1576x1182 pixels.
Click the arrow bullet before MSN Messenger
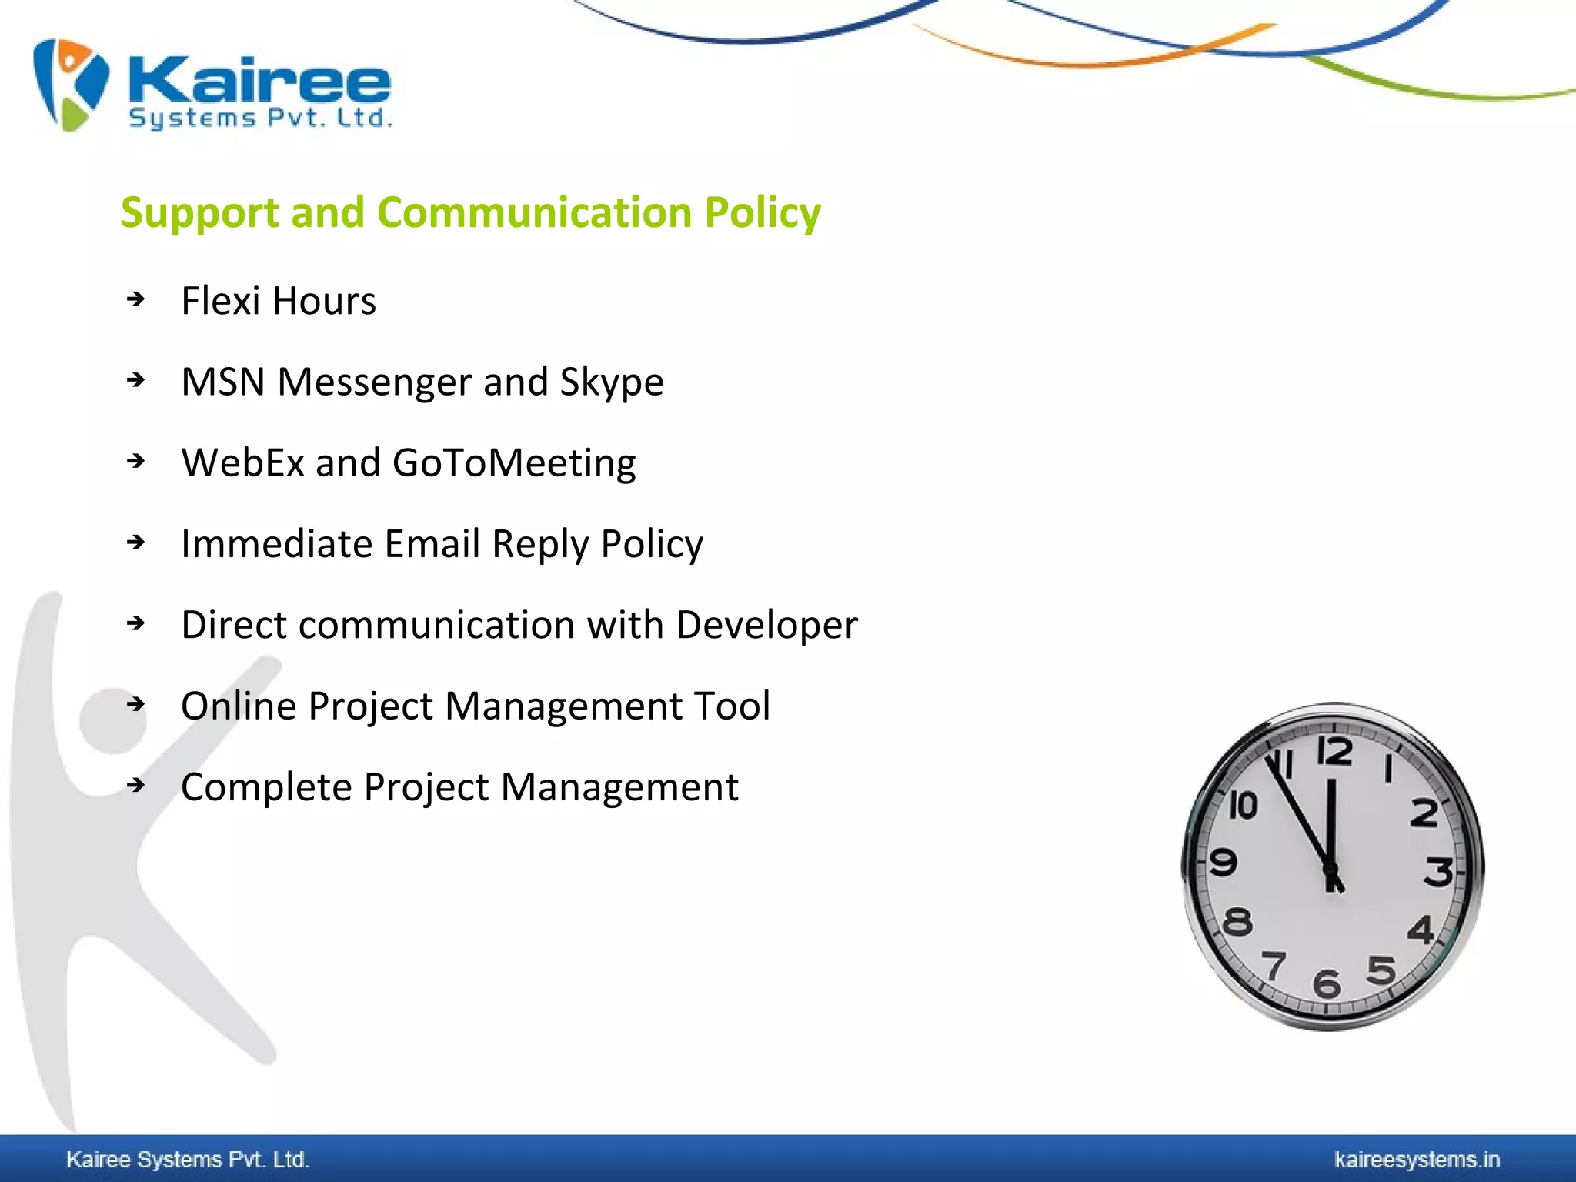(x=136, y=380)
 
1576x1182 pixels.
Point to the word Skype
(x=611, y=382)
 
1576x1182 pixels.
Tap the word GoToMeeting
(x=513, y=463)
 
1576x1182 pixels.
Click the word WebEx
(x=242, y=463)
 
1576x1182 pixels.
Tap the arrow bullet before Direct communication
(x=136, y=623)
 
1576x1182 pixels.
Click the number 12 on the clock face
(x=1334, y=751)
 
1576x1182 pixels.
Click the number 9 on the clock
(x=1223, y=862)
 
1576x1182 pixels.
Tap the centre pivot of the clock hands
(x=1331, y=870)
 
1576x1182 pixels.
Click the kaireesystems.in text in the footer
(x=1416, y=1160)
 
